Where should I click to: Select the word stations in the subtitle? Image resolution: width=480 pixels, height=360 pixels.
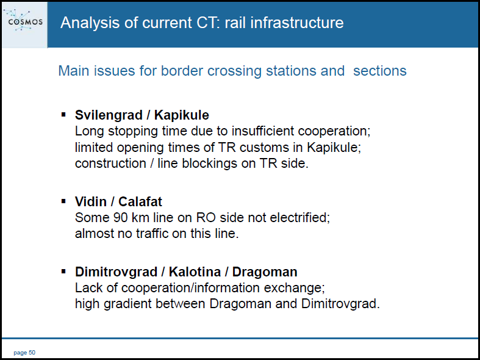[x=292, y=71]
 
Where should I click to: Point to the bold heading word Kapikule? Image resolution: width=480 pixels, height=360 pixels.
[x=182, y=115]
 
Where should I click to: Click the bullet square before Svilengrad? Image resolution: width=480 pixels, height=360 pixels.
[x=63, y=115]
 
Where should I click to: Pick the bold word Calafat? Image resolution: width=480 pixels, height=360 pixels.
[x=140, y=202]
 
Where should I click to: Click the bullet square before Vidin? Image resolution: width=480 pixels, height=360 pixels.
[x=63, y=201]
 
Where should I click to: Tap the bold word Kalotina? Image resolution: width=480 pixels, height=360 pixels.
[x=195, y=272]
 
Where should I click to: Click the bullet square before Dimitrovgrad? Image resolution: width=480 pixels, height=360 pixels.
[x=63, y=272]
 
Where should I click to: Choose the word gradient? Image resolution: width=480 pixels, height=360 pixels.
[x=127, y=304]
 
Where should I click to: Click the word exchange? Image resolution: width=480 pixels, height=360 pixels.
[x=293, y=288]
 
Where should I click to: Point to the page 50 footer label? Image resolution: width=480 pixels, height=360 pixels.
[x=24, y=353]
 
